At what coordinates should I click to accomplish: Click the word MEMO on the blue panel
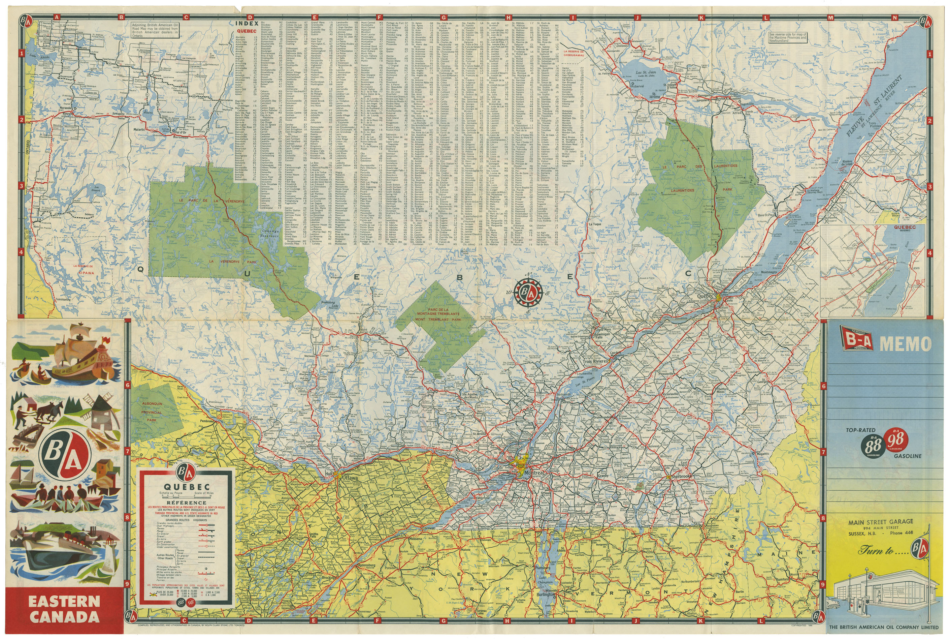(x=905, y=344)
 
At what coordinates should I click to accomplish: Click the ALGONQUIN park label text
(x=152, y=404)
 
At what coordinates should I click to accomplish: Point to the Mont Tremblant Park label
(x=438, y=319)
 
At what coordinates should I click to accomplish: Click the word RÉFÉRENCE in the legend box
(x=186, y=503)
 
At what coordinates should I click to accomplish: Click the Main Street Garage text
(x=880, y=522)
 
